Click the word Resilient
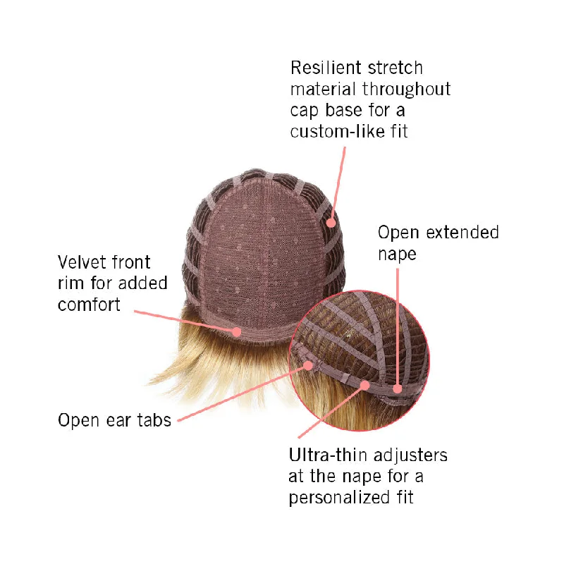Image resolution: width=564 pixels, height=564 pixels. tap(326, 68)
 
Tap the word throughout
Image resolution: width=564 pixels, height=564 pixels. tap(406, 90)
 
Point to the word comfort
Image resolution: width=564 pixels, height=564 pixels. tap(89, 305)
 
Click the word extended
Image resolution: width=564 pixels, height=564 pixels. tap(462, 233)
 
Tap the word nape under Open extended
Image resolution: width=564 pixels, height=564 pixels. tap(397, 255)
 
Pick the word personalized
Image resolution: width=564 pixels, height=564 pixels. tap(339, 498)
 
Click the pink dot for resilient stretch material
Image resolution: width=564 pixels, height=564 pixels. tap(331, 223)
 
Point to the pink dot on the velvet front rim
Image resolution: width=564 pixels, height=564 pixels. tap(236, 331)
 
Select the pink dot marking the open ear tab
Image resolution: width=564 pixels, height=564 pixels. tap(308, 366)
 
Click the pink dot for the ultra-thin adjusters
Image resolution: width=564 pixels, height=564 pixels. tap(364, 385)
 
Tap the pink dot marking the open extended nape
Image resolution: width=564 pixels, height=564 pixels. tap(398, 388)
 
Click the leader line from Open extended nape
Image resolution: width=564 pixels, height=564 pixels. tap(398, 326)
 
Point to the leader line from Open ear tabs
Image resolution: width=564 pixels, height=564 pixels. tap(243, 393)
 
